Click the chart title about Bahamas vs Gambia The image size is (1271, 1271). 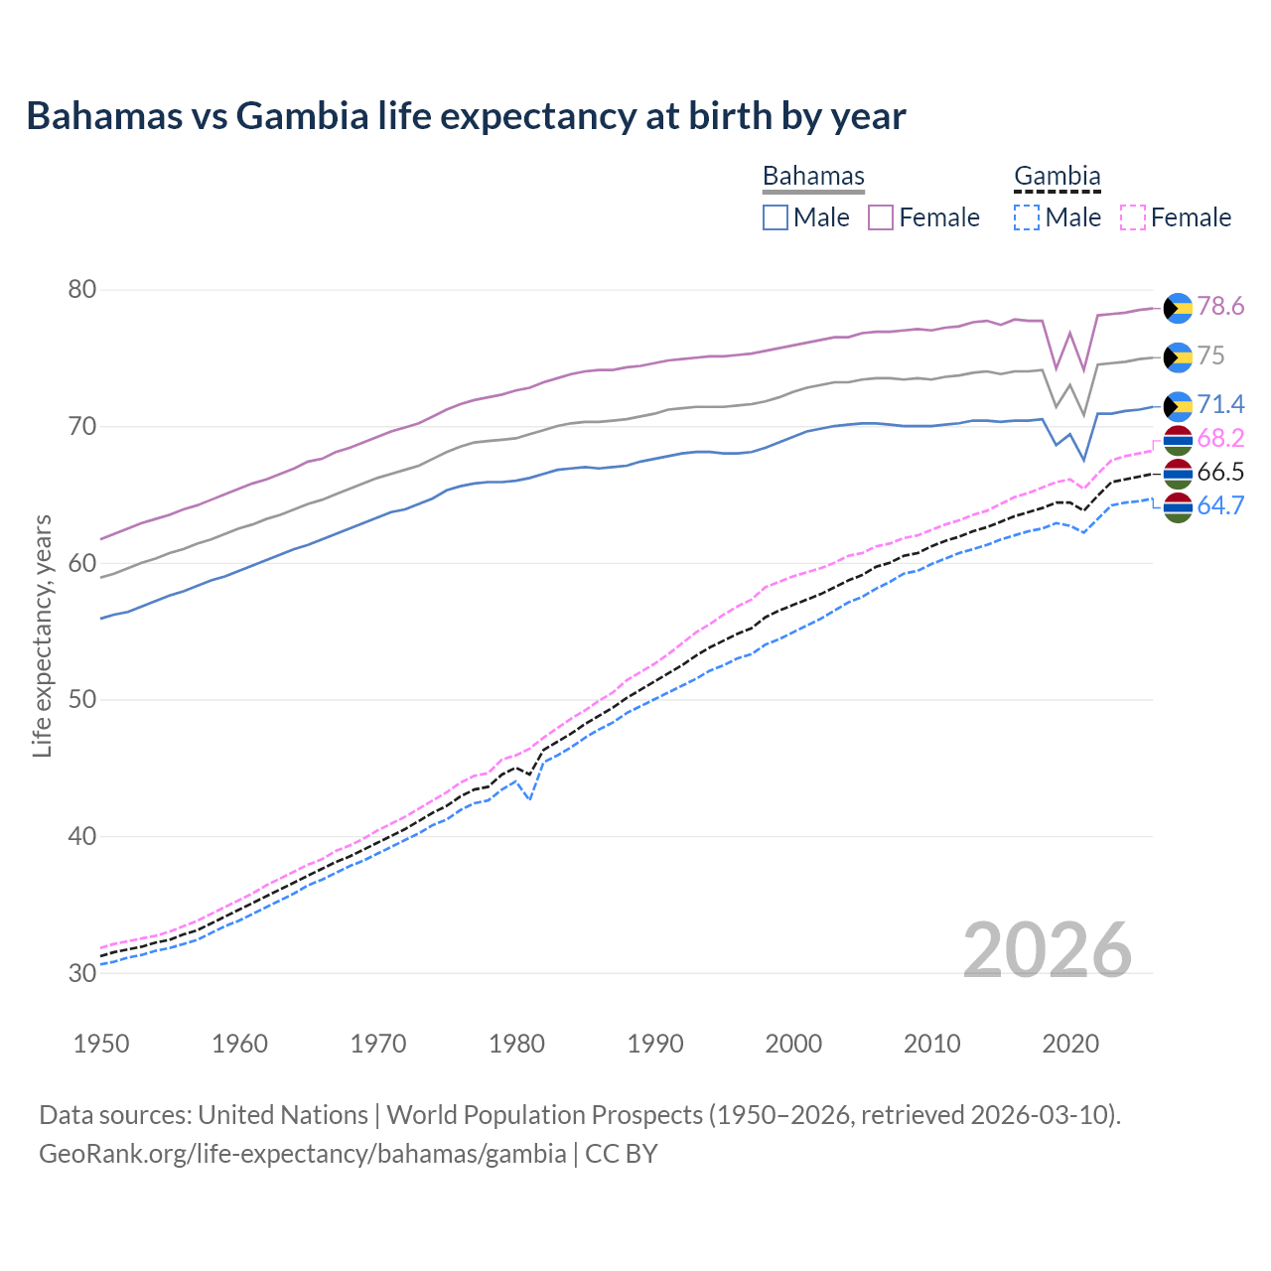466,116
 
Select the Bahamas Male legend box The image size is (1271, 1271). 776,217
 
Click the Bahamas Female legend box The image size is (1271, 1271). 881,217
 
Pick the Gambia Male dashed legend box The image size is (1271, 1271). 1027,217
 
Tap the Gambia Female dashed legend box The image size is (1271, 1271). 1133,217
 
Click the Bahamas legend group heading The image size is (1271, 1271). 813,176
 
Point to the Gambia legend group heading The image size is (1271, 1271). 1057,176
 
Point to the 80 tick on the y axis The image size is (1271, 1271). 81,290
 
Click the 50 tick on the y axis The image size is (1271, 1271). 81,700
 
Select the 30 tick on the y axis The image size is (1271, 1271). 81,973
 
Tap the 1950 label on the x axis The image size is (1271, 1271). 101,1044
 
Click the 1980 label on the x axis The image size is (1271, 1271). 517,1044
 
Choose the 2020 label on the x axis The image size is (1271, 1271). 1070,1044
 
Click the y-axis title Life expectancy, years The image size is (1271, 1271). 42,635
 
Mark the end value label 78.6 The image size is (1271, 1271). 1220,307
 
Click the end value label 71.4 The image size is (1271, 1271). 1220,404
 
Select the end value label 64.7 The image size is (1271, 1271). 1220,505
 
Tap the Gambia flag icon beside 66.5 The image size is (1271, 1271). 1178,473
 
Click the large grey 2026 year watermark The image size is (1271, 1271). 1048,950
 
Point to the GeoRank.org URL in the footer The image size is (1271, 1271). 302,1154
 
